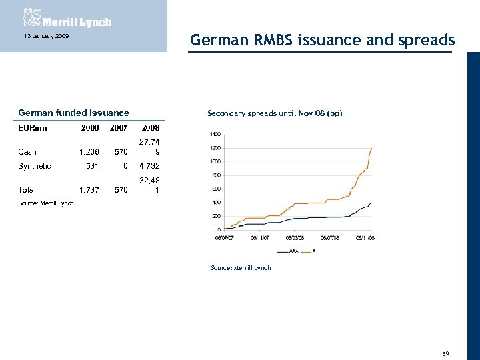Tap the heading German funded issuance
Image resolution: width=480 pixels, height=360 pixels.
click(x=74, y=113)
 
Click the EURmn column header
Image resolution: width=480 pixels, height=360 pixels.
click(x=33, y=127)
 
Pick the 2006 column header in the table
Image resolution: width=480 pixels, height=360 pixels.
click(x=89, y=127)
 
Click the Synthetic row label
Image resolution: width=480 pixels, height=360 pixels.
click(x=35, y=166)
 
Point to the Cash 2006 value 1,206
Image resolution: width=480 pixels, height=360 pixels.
click(x=89, y=152)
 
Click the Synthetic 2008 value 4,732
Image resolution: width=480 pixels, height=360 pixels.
click(x=148, y=166)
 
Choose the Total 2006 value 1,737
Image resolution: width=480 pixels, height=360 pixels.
click(x=89, y=190)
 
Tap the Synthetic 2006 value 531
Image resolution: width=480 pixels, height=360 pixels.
click(x=92, y=166)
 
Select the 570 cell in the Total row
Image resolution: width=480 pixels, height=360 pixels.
click(x=120, y=190)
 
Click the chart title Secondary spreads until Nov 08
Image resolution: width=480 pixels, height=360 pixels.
click(x=275, y=113)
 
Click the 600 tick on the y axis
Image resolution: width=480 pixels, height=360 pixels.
click(x=217, y=189)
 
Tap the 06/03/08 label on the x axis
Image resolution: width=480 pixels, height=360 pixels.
click(x=296, y=238)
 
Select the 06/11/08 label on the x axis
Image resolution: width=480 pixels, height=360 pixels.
click(x=365, y=238)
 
